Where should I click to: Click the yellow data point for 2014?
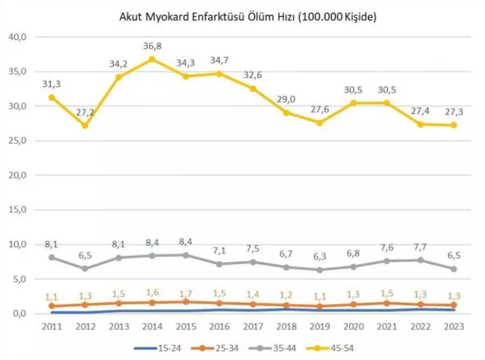point(152,59)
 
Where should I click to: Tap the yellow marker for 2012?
point(84,125)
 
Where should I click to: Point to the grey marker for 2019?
point(320,270)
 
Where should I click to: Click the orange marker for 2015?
point(185,302)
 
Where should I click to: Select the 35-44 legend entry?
point(274,347)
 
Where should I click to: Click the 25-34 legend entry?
point(216,347)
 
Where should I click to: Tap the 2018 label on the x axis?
point(286,326)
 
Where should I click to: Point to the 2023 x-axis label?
point(454,326)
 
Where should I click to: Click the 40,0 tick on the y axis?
point(17,37)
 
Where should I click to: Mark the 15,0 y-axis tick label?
point(17,210)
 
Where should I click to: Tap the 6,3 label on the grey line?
point(320,257)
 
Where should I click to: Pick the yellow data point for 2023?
point(454,125)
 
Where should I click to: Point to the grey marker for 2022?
point(421,260)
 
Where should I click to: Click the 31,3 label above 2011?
point(51,83)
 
